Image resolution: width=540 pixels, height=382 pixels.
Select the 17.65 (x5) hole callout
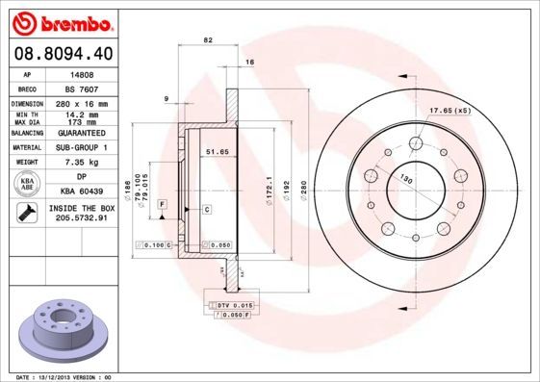450,111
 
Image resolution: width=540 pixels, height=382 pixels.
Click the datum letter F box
163,204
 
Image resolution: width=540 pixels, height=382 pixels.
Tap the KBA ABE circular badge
27,185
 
